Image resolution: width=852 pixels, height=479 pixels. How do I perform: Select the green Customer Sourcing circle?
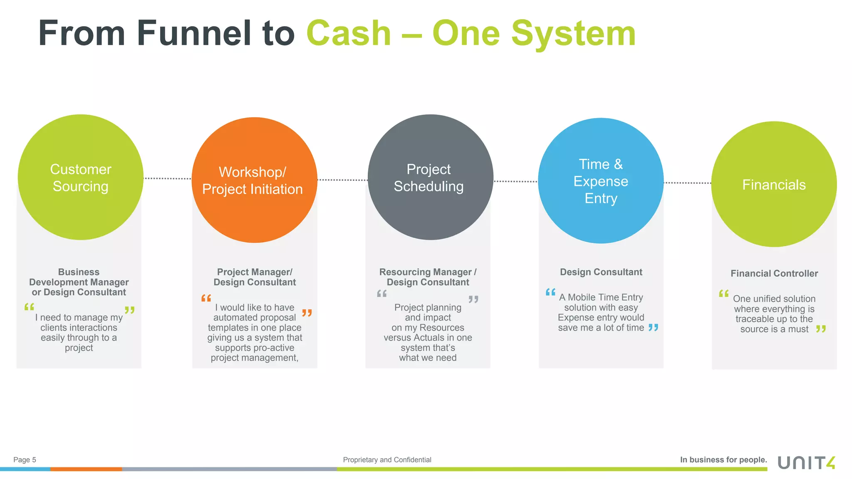(x=81, y=178)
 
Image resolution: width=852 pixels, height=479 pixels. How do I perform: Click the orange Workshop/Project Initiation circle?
(x=254, y=180)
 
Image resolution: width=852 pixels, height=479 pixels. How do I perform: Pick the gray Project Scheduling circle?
(x=430, y=178)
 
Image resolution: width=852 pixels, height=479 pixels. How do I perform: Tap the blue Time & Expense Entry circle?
(x=601, y=181)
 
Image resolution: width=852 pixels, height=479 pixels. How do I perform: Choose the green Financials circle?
(x=774, y=184)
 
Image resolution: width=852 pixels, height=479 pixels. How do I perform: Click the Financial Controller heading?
(x=774, y=274)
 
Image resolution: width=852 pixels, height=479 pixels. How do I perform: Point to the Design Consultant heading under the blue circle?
(x=601, y=272)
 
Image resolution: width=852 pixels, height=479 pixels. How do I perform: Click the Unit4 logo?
(x=806, y=462)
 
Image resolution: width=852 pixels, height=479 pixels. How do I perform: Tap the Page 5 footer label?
(x=25, y=460)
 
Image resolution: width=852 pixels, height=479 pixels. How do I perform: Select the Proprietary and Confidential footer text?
(x=387, y=460)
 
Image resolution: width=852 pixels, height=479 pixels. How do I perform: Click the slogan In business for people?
(x=723, y=460)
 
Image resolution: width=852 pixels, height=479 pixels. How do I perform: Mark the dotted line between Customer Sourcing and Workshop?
(x=167, y=179)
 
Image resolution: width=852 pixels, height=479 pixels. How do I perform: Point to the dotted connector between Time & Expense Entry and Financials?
(x=687, y=183)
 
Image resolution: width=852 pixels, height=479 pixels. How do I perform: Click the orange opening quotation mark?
(x=206, y=298)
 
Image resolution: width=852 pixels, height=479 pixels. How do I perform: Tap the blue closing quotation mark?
(x=653, y=328)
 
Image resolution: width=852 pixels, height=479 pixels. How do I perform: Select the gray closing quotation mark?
(x=473, y=299)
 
